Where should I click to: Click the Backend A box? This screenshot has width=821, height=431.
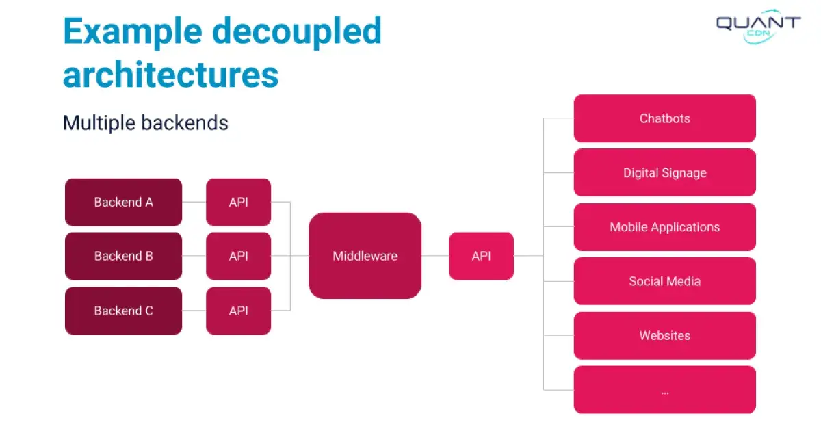pyautogui.click(x=123, y=202)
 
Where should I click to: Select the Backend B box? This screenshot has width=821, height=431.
pyautogui.click(x=123, y=256)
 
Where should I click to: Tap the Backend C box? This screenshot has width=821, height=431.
pyautogui.click(x=123, y=311)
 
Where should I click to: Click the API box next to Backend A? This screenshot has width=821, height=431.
pyautogui.click(x=238, y=202)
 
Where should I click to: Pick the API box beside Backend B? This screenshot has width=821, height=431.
pyautogui.click(x=238, y=256)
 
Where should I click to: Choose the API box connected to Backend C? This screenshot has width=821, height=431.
pyautogui.click(x=238, y=311)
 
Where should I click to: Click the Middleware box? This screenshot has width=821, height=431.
pyautogui.click(x=365, y=256)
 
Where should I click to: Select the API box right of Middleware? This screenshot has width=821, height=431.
pyautogui.click(x=481, y=256)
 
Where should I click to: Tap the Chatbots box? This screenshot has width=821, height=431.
pyautogui.click(x=664, y=118)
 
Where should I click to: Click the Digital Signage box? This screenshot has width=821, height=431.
pyautogui.click(x=664, y=172)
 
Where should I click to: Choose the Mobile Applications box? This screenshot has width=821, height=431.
pyautogui.click(x=664, y=226)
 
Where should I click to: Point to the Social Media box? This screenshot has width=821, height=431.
pyautogui.click(x=664, y=281)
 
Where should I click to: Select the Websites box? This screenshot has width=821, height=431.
pyautogui.click(x=664, y=335)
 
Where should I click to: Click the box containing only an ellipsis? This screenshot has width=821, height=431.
pyautogui.click(x=664, y=389)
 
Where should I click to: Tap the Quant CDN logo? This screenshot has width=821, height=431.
pyautogui.click(x=758, y=26)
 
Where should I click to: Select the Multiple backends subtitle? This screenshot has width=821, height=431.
pyautogui.click(x=145, y=123)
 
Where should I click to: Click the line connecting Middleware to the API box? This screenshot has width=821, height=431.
pyautogui.click(x=435, y=256)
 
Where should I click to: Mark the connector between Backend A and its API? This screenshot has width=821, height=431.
pyautogui.click(x=194, y=202)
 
